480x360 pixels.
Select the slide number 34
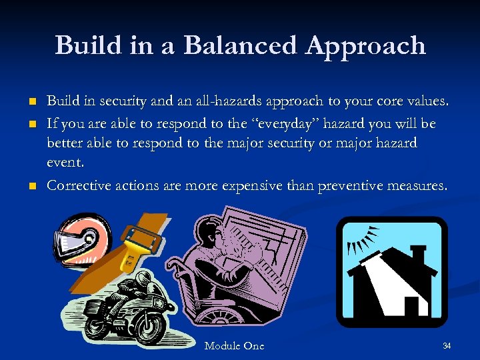447,345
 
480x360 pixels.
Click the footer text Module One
234,346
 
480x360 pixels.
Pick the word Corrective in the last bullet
75,185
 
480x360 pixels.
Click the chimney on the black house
418,255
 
